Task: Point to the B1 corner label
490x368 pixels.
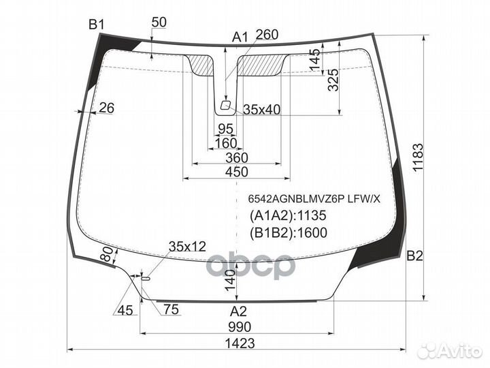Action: click(x=96, y=25)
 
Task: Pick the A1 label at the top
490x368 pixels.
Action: click(x=240, y=37)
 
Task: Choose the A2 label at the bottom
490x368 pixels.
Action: click(x=238, y=311)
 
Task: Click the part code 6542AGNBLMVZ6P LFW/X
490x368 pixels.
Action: click(x=314, y=198)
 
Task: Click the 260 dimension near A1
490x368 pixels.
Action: click(x=267, y=34)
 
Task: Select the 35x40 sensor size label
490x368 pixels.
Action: click(x=262, y=110)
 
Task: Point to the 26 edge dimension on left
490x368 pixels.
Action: click(x=106, y=107)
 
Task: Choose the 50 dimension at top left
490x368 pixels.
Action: click(x=159, y=22)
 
